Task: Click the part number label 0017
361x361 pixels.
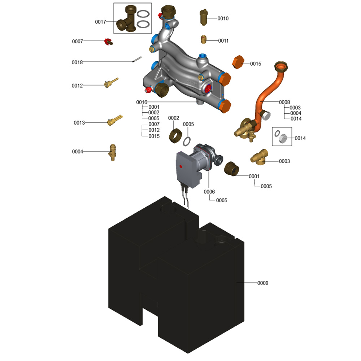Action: pos(100,22)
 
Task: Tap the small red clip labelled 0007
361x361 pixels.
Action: pos(108,42)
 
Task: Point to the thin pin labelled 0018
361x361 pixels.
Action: pos(136,60)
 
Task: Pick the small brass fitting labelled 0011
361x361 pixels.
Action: pos(204,39)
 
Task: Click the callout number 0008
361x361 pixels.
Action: pos(284,102)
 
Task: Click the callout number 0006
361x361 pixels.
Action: pos(209,192)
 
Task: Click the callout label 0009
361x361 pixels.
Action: pos(262,283)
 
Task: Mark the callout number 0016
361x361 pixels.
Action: pos(142,102)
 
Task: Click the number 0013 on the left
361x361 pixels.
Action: pos(79,123)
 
